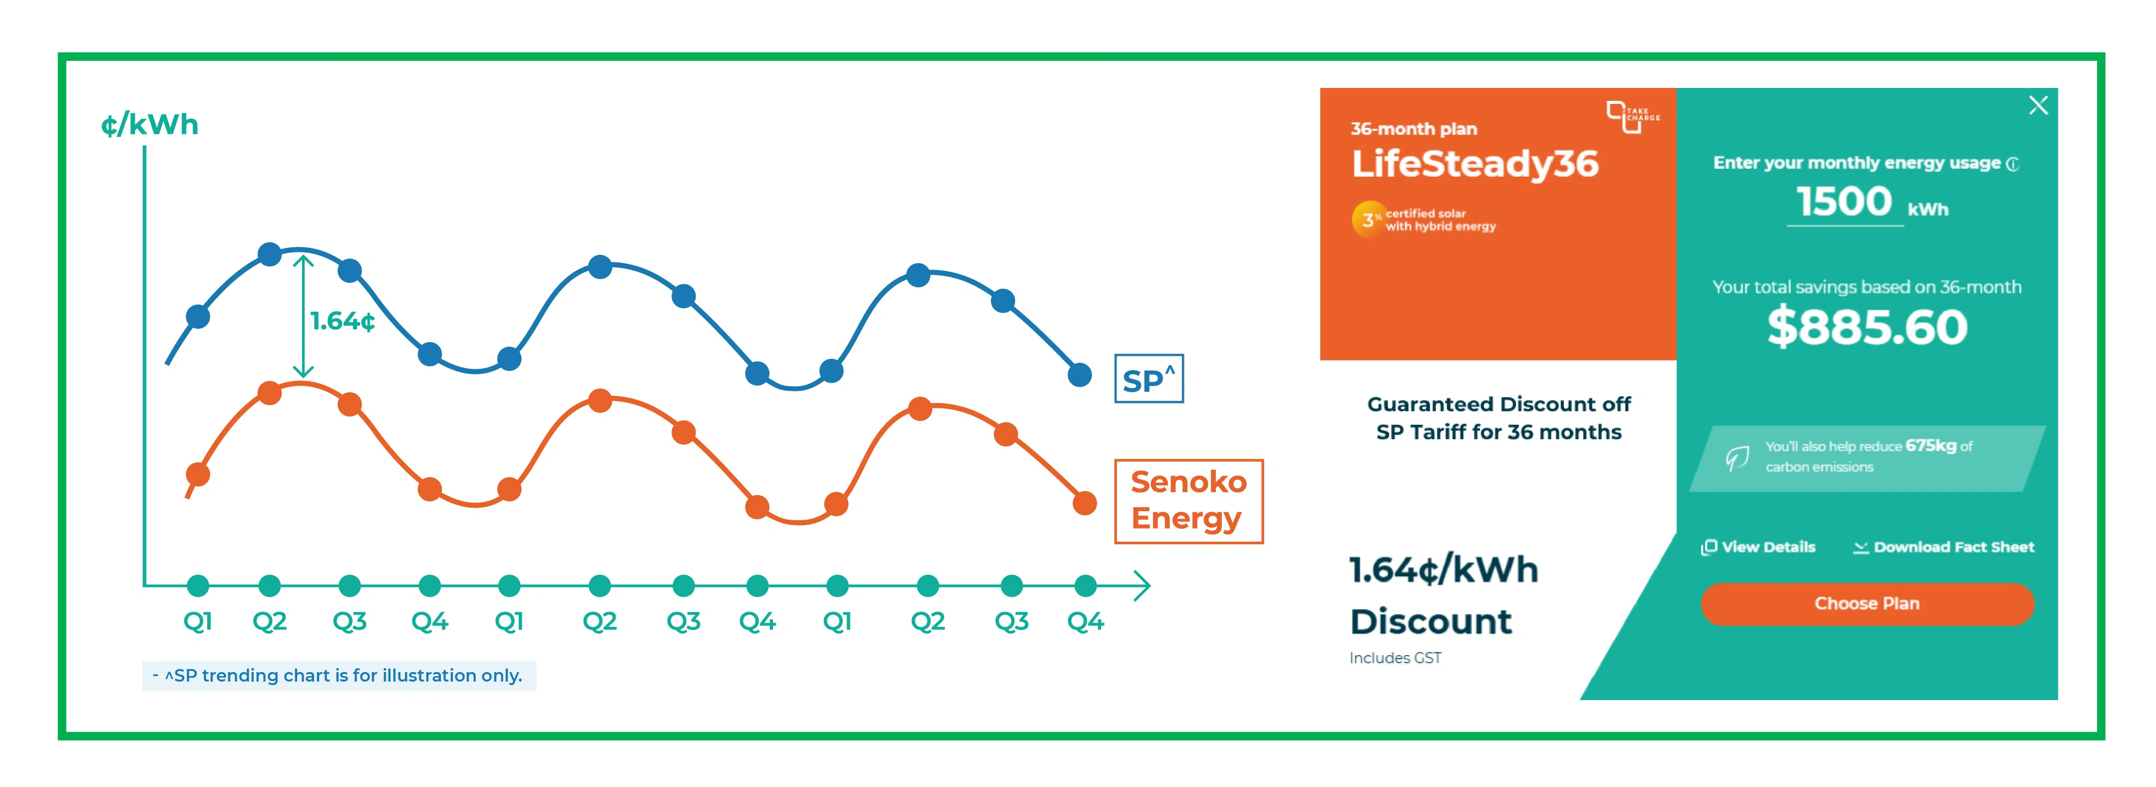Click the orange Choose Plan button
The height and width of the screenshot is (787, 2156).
pos(1866,604)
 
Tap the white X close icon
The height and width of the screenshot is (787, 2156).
pos(2038,105)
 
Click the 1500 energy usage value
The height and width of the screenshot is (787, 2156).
pos(1844,202)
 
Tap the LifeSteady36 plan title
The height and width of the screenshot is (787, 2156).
pos(1475,163)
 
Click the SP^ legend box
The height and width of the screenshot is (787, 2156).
pos(1148,379)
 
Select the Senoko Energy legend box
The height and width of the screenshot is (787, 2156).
pos(1188,501)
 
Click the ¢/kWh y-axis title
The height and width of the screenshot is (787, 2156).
pos(150,125)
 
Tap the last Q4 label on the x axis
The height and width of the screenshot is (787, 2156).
pos(1085,621)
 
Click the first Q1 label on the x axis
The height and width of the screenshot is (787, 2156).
pos(198,621)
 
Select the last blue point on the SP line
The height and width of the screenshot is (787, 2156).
pos(1079,375)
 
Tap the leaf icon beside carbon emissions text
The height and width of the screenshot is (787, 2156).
pos(1737,457)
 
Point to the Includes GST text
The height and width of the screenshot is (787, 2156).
pos(1395,658)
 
